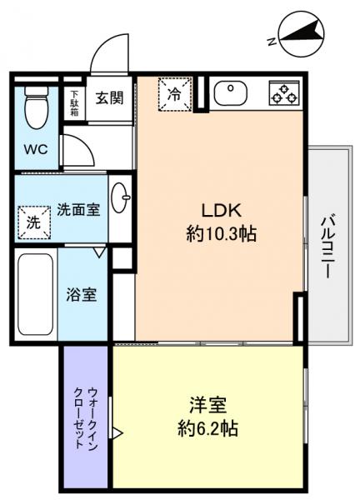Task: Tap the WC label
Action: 36,150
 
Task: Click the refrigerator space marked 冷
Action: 174,93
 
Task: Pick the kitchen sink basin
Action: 230,93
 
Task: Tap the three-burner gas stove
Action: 283,93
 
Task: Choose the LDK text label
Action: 220,210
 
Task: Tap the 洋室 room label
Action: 209,407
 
